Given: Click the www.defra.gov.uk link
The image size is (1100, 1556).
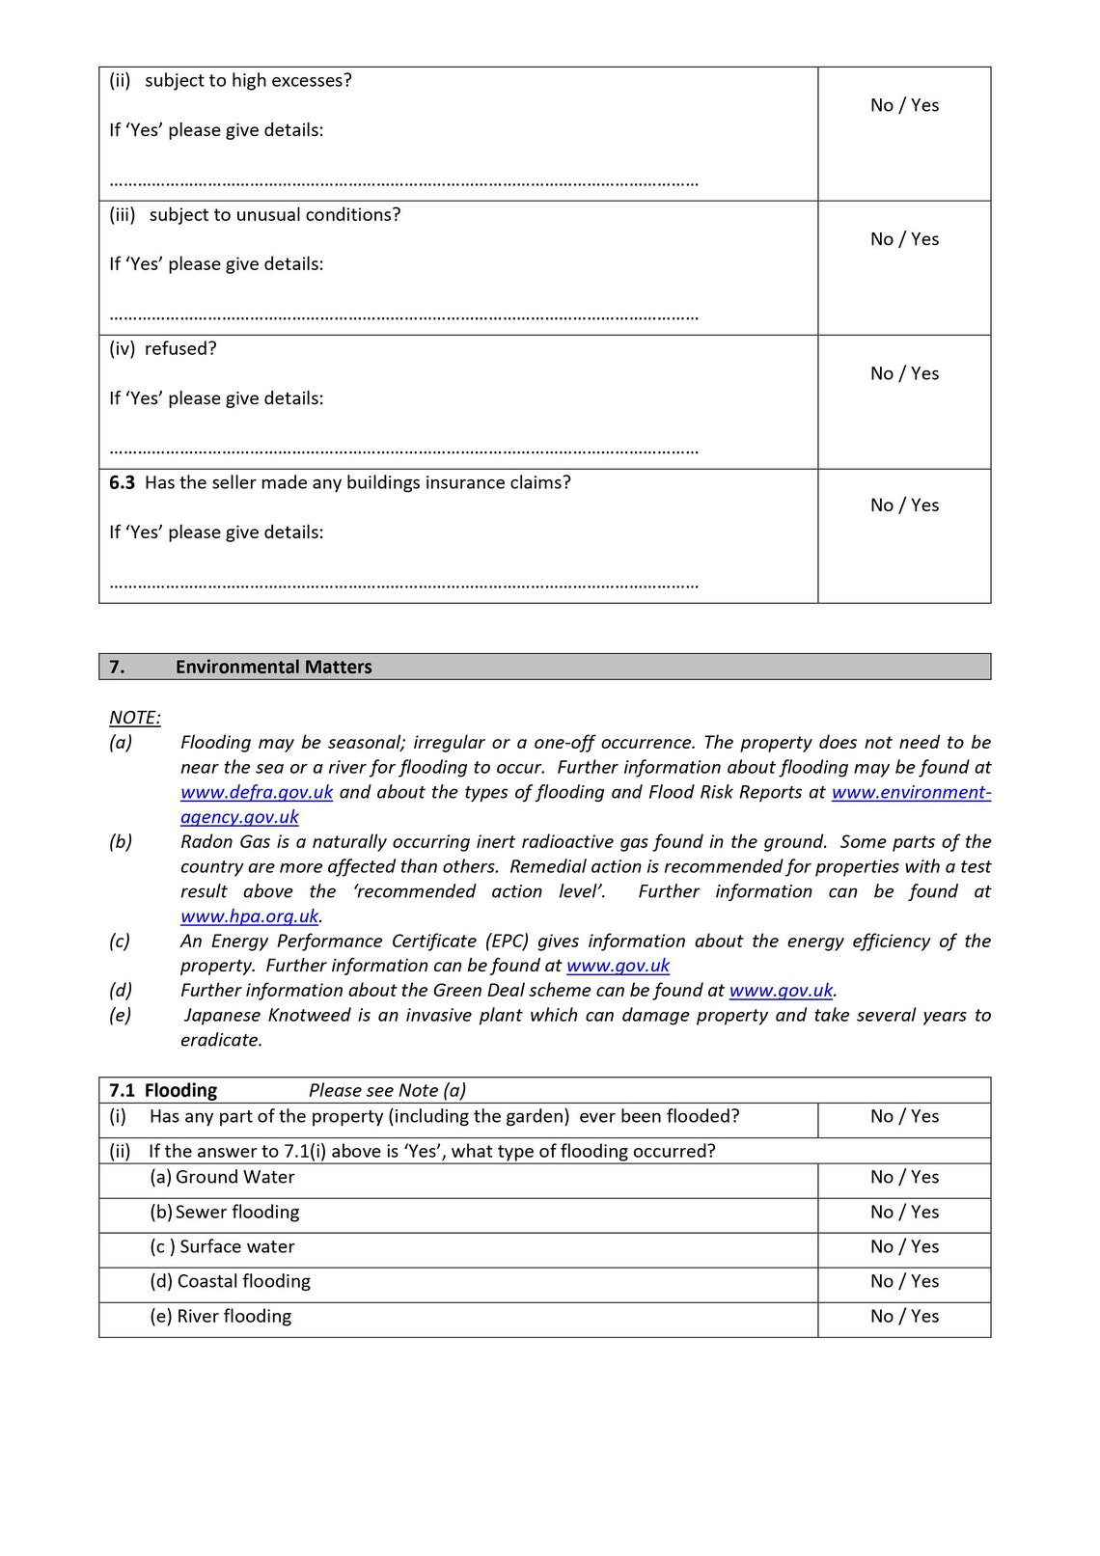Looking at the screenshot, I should click(257, 792).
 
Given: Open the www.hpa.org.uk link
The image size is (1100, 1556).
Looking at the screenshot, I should click(249, 916).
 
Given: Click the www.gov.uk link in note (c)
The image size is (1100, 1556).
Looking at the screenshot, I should click(618, 966).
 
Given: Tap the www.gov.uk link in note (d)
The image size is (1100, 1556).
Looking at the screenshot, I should click(781, 991).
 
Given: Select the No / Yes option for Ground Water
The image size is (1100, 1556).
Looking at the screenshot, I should click(904, 1178).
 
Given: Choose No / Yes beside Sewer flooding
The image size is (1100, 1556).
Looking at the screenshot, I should click(904, 1213).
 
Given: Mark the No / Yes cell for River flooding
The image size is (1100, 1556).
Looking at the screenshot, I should click(904, 1317).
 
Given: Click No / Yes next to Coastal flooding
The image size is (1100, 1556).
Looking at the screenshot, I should click(904, 1282).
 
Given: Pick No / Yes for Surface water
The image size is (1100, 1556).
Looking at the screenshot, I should click(904, 1247).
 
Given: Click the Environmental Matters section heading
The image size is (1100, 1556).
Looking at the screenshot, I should click(273, 668).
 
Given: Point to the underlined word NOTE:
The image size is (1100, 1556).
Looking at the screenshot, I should click(135, 718).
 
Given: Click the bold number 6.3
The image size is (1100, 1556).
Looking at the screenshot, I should click(123, 483).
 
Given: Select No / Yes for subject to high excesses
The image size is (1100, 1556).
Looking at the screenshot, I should click(904, 106).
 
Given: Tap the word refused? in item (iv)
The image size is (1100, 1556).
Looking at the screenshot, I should click(180, 349).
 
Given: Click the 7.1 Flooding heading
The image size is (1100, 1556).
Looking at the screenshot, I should click(163, 1091).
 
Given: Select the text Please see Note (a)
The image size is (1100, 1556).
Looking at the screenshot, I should click(387, 1091).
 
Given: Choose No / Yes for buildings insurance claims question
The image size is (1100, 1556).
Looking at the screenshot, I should click(904, 505).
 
